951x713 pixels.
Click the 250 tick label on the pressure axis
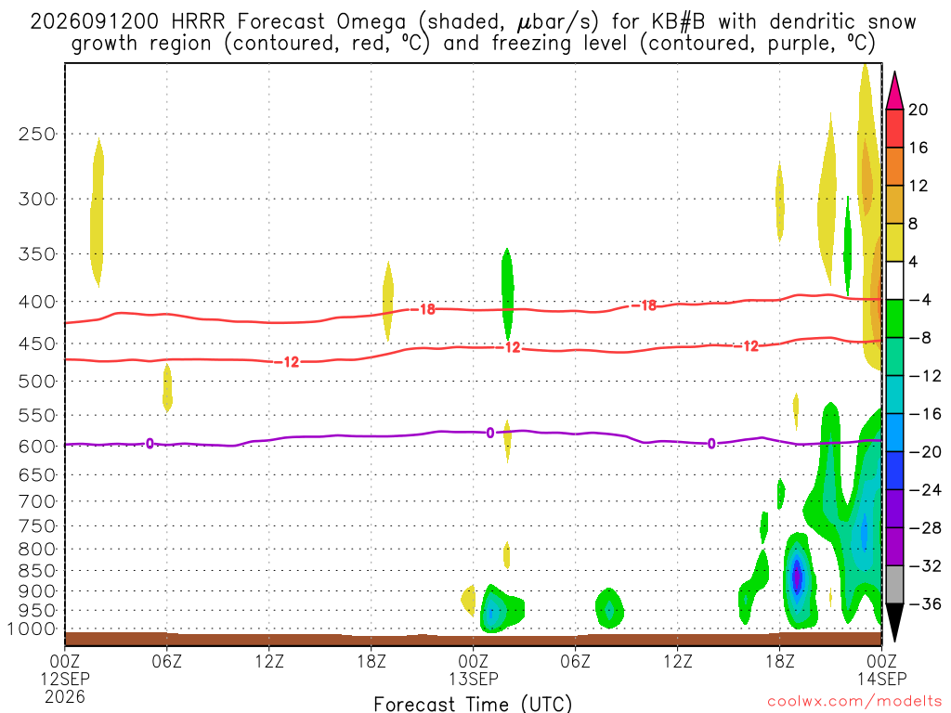[37, 134]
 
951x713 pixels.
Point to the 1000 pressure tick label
[32, 629]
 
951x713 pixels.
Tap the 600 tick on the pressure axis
[37, 447]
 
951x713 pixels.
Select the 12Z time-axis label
[268, 661]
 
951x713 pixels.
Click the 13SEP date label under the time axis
[474, 679]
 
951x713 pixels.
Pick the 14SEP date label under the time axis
[882, 679]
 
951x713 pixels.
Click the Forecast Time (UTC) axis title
[473, 704]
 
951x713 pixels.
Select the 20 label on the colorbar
[918, 110]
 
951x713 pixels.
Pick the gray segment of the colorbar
[894, 585]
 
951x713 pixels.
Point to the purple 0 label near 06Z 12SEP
[150, 444]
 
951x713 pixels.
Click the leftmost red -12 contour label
[291, 362]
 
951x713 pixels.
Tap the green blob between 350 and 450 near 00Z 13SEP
[508, 294]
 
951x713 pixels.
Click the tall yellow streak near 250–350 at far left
[97, 213]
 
